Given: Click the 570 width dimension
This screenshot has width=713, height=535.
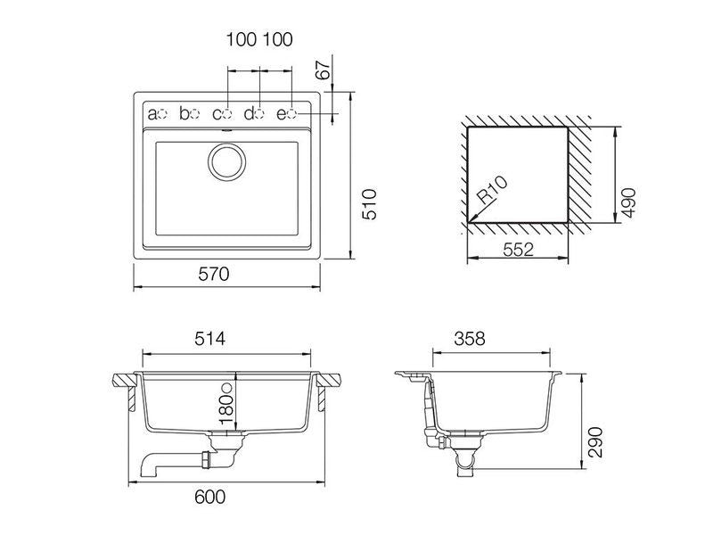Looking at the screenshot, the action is pyautogui.click(x=214, y=274).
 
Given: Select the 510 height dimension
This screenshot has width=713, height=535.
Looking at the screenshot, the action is pyautogui.click(x=370, y=204).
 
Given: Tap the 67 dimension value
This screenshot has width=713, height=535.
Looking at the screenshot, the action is pyautogui.click(x=324, y=70).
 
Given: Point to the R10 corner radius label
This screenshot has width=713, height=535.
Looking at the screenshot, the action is pyautogui.click(x=492, y=189).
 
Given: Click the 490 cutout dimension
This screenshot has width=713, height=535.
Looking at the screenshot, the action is pyautogui.click(x=628, y=202).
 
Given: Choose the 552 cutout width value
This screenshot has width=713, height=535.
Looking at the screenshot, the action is pyautogui.click(x=518, y=250).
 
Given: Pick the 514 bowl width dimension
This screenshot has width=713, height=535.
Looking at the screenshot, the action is pyautogui.click(x=209, y=339).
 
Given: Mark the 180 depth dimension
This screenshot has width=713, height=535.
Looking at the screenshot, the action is pyautogui.click(x=226, y=408).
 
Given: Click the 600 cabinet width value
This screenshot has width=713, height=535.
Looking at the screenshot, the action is pyautogui.click(x=209, y=497).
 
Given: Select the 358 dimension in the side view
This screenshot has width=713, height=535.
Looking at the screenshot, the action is pyautogui.click(x=470, y=339).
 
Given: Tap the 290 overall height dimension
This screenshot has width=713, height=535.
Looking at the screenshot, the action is pyautogui.click(x=594, y=441).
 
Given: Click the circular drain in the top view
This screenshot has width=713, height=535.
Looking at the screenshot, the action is pyautogui.click(x=227, y=161).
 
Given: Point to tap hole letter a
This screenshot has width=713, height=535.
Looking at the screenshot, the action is pyautogui.click(x=152, y=114).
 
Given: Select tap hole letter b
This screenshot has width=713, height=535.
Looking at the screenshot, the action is pyautogui.click(x=184, y=113).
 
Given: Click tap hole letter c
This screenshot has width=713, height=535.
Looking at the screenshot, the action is pyautogui.click(x=217, y=114).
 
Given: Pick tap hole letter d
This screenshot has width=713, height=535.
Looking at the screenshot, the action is pyautogui.click(x=250, y=113).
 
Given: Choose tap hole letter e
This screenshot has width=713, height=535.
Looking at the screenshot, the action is pyautogui.click(x=282, y=114).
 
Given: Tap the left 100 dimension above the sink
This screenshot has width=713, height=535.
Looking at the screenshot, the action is pyautogui.click(x=241, y=39).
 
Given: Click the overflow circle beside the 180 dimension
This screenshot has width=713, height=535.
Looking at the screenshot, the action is pyautogui.click(x=226, y=388).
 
